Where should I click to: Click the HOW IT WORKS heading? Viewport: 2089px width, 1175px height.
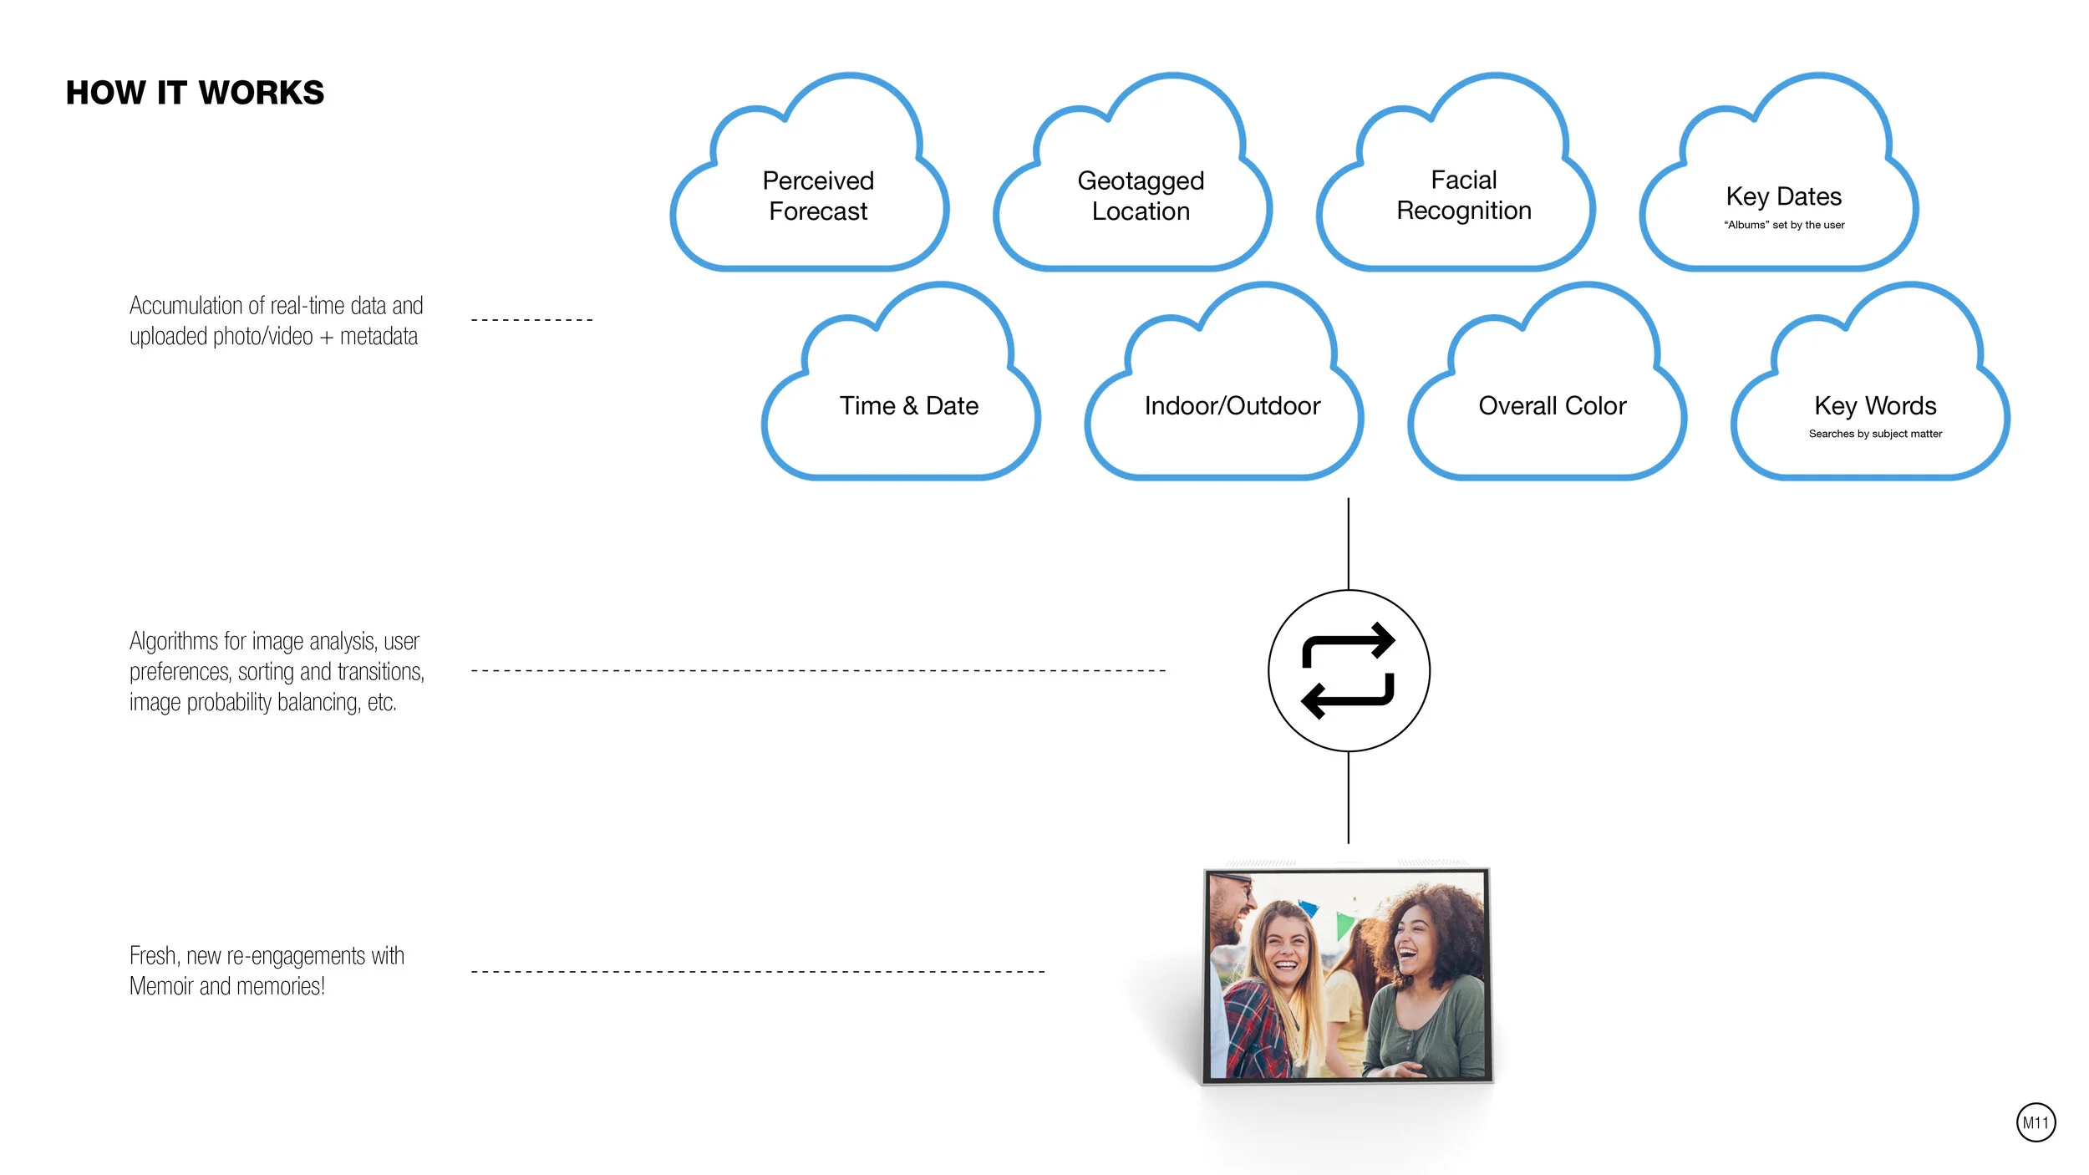(195, 93)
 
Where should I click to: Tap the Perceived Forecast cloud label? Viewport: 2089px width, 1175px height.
(818, 196)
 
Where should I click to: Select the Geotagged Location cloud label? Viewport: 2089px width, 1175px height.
(1141, 196)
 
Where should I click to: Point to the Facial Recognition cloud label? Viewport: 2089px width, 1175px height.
(1464, 195)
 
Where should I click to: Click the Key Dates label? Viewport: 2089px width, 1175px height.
(1784, 196)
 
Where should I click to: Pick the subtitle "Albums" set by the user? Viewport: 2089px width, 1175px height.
(1784, 225)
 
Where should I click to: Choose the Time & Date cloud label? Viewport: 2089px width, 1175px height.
(909, 406)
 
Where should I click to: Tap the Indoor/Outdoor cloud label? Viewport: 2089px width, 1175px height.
(1233, 406)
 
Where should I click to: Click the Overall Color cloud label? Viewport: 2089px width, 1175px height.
(1553, 406)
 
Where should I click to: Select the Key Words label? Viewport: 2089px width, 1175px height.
(1875, 406)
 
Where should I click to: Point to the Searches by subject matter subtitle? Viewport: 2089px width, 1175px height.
(1875, 434)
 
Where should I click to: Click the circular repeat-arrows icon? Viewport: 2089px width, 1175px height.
(1349, 671)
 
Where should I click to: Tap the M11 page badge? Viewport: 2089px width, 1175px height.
(2036, 1122)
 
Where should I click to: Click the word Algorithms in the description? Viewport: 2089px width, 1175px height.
(174, 642)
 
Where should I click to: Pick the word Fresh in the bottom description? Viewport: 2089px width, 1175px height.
(154, 955)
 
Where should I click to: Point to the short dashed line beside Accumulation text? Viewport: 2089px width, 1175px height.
(532, 319)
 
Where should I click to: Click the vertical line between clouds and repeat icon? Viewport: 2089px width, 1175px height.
(1348, 544)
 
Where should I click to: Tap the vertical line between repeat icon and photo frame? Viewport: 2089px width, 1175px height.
(1348, 797)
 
